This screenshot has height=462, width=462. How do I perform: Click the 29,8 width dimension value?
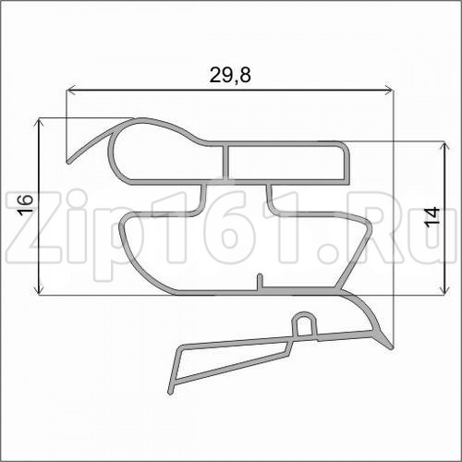[230, 75]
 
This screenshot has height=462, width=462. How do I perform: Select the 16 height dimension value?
[25, 204]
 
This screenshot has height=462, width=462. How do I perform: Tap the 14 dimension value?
[432, 218]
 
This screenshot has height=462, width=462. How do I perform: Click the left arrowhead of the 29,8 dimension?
[71, 91]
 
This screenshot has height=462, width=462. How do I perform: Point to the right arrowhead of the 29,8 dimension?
[389, 91]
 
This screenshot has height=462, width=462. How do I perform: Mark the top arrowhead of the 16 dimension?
[39, 123]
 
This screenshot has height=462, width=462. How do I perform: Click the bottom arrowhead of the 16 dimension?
[39, 289]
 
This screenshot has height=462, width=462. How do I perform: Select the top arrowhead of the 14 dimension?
[444, 147]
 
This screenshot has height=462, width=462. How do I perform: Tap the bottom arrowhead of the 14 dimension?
[444, 289]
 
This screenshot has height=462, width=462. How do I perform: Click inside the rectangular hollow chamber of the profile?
[286, 164]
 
